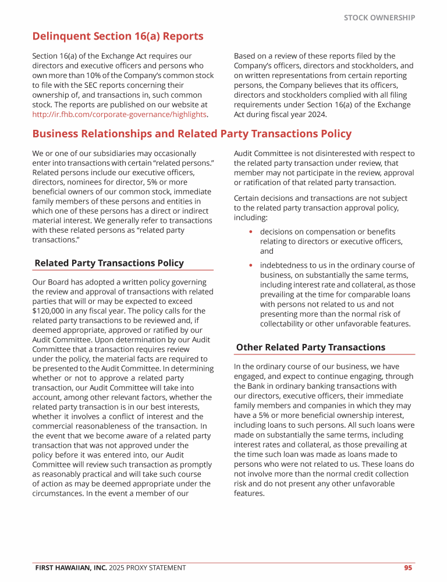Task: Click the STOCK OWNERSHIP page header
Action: point(379,17)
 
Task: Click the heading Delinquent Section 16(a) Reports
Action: point(118,36)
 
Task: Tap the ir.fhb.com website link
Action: point(119,114)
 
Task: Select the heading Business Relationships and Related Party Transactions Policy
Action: point(192,134)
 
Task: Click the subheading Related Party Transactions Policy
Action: point(109,263)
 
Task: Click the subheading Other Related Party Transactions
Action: point(310,347)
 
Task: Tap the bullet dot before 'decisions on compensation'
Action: point(250,232)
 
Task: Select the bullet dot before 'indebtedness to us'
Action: point(250,265)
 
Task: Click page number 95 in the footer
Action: point(408,567)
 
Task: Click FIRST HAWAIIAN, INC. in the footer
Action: point(70,567)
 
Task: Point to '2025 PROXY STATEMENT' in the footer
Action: point(148,567)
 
